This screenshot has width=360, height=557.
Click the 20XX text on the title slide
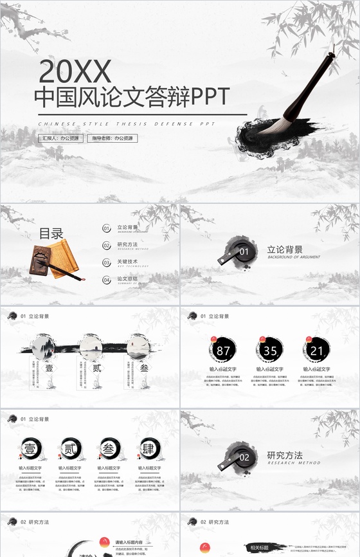[x=75, y=69]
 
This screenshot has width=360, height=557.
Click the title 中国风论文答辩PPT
[x=131, y=97]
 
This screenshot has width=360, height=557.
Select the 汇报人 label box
[x=60, y=138]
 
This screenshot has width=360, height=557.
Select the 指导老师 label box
[x=113, y=138]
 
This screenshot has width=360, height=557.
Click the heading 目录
[x=51, y=233]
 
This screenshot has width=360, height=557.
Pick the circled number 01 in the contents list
[x=107, y=228]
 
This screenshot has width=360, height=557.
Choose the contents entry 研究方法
[x=127, y=245]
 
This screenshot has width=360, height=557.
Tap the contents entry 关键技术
[x=127, y=262]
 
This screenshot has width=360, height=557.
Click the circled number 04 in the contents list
[x=107, y=280]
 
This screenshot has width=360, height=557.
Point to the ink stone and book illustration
[x=55, y=260]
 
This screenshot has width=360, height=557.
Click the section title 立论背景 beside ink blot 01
[x=285, y=250]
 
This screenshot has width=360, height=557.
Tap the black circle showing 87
[x=223, y=351]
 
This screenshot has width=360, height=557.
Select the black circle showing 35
[x=270, y=351]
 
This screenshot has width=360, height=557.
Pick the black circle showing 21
[x=316, y=351]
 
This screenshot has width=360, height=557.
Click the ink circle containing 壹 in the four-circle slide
[x=30, y=448]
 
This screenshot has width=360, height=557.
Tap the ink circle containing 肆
[x=149, y=448]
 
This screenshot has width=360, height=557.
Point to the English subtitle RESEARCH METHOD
[x=294, y=463]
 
